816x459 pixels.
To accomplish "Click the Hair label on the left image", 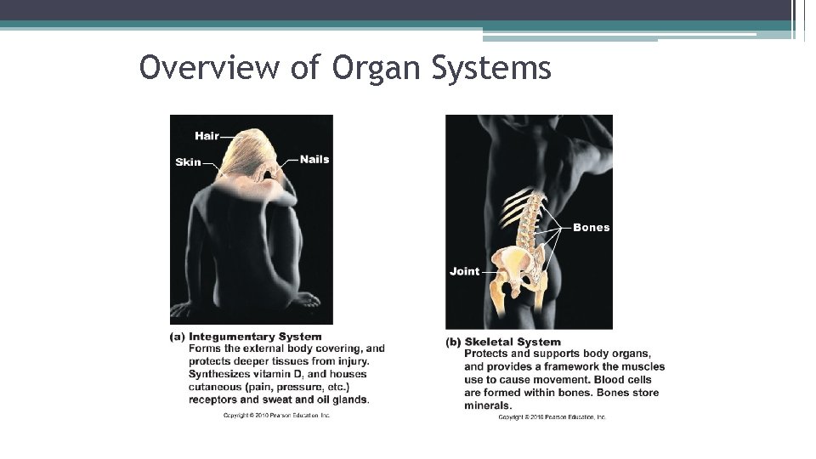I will (207, 136).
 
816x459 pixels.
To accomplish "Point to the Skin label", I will (188, 162).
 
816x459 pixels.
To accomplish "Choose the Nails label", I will (314, 159).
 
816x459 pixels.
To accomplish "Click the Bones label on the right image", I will (591, 227).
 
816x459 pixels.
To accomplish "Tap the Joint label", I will (464, 271).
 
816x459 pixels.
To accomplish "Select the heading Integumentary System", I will (255, 337).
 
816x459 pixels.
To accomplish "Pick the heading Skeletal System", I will (513, 343).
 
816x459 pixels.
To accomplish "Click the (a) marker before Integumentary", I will (177, 337).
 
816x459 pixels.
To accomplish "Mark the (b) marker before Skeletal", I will (453, 343).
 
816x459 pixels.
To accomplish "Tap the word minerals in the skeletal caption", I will (488, 405).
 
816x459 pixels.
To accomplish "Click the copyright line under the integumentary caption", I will (276, 415).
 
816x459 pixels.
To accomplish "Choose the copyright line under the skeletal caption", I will (552, 417).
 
